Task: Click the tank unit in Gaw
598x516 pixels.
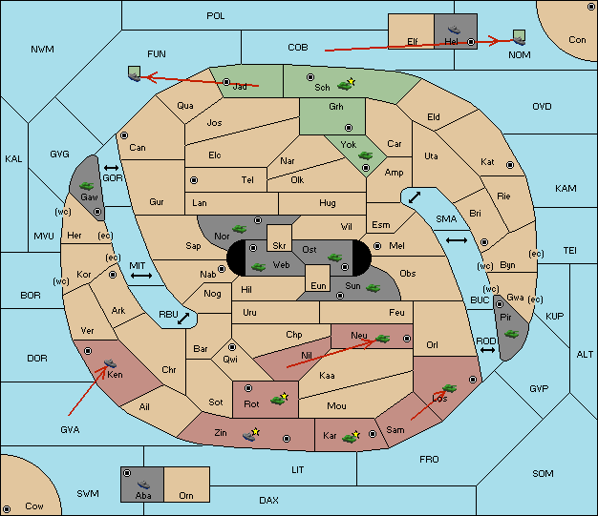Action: click(x=87, y=186)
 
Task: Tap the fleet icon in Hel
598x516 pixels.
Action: click(x=454, y=30)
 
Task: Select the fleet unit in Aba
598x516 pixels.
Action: click(x=144, y=485)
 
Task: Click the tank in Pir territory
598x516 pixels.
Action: click(x=511, y=334)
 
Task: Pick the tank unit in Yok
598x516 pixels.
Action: click(x=365, y=155)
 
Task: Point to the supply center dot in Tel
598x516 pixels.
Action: click(x=194, y=179)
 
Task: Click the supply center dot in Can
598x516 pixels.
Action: click(x=124, y=135)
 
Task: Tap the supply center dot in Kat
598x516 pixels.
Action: click(x=510, y=165)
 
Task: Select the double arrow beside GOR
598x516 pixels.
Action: click(x=112, y=168)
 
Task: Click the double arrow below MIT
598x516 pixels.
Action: click(x=141, y=276)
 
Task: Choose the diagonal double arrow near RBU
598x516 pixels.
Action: click(x=183, y=319)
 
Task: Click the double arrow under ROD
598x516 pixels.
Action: click(x=487, y=350)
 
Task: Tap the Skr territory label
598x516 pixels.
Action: click(x=279, y=246)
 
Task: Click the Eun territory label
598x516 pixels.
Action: click(x=318, y=285)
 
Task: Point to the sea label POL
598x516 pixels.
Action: click(x=216, y=16)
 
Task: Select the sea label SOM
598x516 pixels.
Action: click(x=543, y=473)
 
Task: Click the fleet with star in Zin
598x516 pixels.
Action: click(x=251, y=434)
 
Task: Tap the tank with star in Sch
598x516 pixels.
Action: click(x=346, y=85)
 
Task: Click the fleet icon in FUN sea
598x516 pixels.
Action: click(x=135, y=73)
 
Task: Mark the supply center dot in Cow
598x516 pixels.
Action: click(x=7, y=508)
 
